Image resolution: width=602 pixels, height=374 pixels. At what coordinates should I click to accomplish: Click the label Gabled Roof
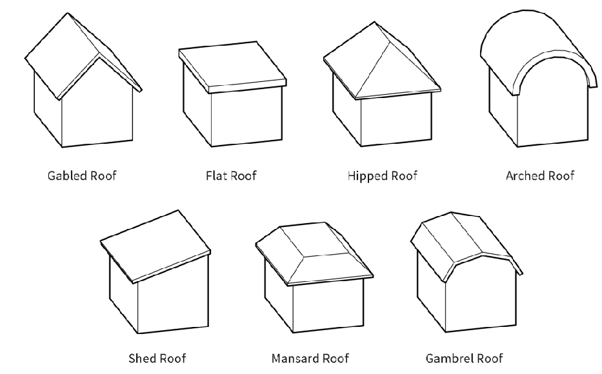82,175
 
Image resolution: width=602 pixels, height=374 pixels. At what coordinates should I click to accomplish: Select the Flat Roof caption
231,175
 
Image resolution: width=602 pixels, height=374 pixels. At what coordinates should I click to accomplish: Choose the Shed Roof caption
157,359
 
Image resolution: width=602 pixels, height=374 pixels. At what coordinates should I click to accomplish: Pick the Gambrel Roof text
464,359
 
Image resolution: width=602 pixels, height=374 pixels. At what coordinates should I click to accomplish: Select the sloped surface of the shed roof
155,245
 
